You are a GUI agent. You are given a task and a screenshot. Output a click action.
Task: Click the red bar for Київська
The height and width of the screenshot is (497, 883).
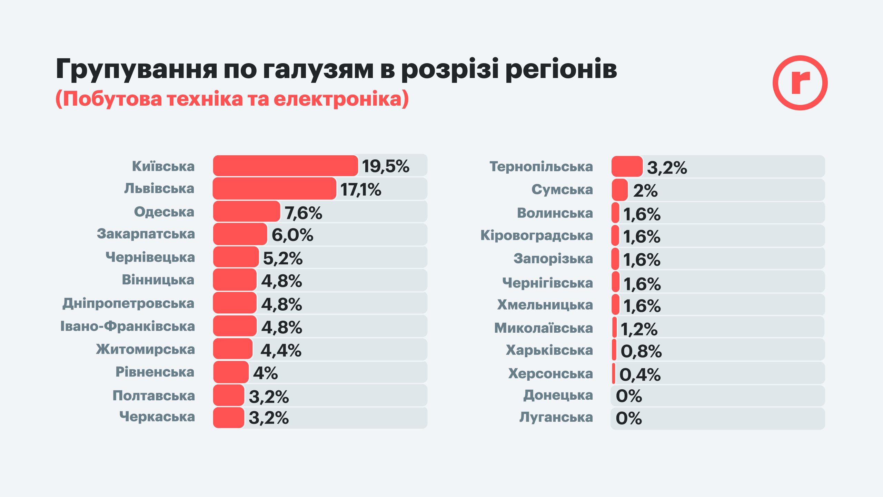tap(285, 166)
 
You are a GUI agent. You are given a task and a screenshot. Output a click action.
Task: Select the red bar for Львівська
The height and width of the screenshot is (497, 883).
tap(274, 188)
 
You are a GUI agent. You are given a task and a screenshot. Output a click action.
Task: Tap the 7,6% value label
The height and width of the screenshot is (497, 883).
tap(303, 213)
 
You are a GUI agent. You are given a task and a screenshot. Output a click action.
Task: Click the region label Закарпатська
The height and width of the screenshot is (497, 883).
tap(146, 234)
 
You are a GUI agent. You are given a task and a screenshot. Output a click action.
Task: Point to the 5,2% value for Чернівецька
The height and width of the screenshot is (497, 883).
tap(283, 258)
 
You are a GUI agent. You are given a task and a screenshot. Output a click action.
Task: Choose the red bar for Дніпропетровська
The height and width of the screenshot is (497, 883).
tap(235, 303)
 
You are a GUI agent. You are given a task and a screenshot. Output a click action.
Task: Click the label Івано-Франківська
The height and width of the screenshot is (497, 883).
tap(128, 326)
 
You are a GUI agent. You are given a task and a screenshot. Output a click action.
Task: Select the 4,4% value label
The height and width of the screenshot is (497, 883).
tap(281, 350)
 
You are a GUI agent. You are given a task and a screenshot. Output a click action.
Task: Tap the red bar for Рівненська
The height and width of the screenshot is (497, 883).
tap(231, 372)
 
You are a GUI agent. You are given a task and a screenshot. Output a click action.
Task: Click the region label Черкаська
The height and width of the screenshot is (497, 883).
tap(157, 417)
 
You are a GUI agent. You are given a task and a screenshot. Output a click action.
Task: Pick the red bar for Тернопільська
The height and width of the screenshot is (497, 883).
tap(627, 166)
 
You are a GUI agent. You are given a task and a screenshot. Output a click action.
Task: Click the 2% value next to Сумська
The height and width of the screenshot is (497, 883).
tap(645, 191)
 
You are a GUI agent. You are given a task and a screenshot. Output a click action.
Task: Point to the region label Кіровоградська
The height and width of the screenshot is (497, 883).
tap(537, 235)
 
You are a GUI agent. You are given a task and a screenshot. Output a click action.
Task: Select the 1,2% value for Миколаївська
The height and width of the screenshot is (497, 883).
tap(639, 329)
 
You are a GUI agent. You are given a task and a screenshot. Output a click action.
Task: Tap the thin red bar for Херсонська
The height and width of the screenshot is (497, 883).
tap(614, 373)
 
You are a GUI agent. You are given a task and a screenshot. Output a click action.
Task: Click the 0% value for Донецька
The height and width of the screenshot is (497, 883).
tap(629, 396)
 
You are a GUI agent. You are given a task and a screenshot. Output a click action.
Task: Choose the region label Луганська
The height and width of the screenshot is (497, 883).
tap(556, 417)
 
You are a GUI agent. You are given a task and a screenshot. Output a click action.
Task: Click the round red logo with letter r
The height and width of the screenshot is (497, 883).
tap(800, 83)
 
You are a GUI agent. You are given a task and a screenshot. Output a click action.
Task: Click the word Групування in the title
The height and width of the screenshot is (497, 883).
tap(137, 69)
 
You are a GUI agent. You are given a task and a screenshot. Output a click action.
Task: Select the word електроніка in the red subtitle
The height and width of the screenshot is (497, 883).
tap(338, 99)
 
